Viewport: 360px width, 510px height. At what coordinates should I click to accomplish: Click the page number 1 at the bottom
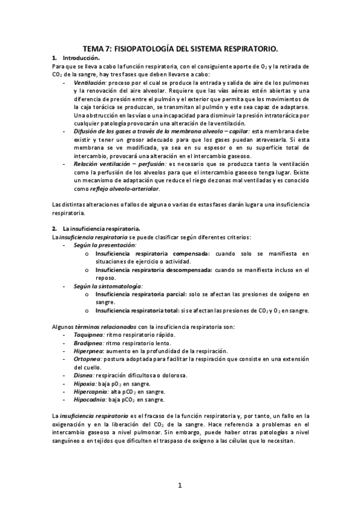[x=180, y=485]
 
